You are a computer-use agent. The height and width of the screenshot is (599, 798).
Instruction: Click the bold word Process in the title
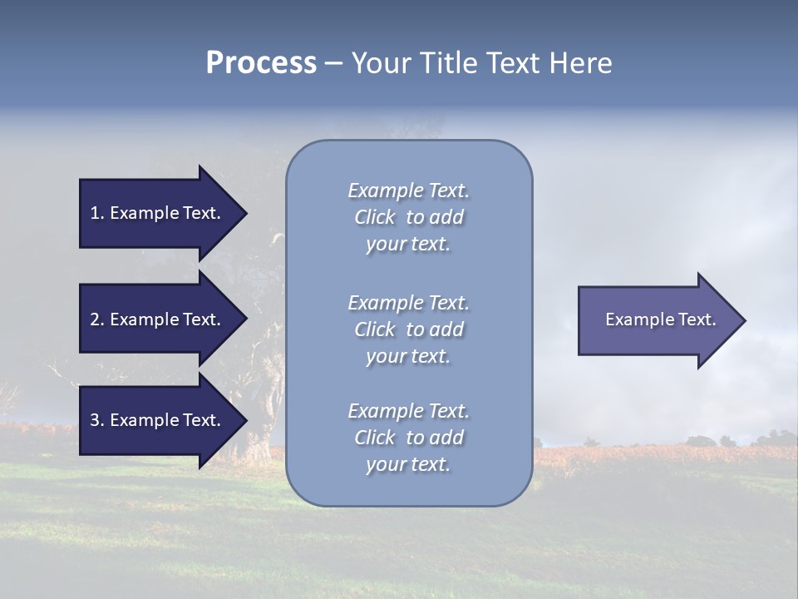(x=261, y=63)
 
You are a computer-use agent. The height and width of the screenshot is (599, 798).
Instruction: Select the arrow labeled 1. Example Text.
(x=155, y=213)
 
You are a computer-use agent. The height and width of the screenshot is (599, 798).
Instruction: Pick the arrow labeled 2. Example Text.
(x=155, y=319)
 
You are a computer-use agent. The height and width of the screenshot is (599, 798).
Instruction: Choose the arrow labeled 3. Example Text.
(x=155, y=420)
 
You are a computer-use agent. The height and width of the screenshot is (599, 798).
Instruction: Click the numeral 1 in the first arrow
(x=95, y=213)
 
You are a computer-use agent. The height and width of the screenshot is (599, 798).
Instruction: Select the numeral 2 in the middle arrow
(x=95, y=319)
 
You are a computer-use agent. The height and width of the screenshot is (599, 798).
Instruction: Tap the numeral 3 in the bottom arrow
(x=95, y=420)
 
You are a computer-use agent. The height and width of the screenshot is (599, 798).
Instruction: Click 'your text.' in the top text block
(x=408, y=245)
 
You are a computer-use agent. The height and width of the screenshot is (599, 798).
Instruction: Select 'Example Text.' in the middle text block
(x=408, y=303)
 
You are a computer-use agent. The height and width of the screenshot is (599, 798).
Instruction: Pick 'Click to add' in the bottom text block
(x=408, y=438)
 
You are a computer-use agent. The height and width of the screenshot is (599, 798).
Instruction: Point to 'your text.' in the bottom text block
(x=408, y=465)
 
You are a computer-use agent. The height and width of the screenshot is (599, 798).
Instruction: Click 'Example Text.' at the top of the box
(x=408, y=191)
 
